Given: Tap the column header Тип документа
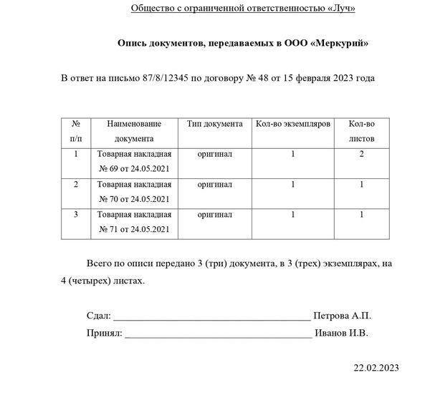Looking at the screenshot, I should (214, 124).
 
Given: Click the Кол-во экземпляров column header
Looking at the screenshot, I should (293, 124).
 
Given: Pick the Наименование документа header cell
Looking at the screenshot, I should (134, 131).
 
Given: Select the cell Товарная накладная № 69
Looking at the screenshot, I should (134, 161).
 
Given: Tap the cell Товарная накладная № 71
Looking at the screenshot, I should (134, 221).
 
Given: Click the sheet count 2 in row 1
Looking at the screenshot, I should (362, 154).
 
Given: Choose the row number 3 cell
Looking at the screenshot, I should (77, 214).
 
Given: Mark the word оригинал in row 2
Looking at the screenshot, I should (214, 184).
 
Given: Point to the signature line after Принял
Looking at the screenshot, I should (219, 334).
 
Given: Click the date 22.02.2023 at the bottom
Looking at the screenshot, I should (376, 368).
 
